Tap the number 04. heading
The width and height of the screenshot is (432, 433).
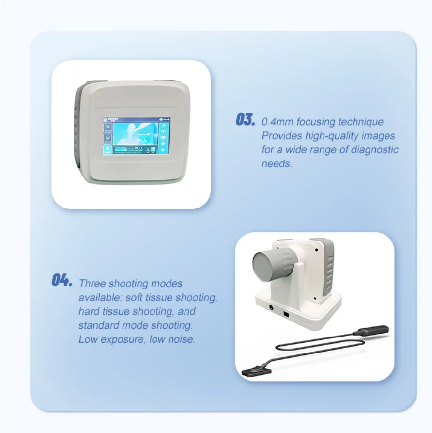[62, 280]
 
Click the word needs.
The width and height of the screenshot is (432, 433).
[277, 163]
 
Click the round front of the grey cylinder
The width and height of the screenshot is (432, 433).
[268, 265]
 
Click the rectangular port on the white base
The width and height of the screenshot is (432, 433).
[287, 315]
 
